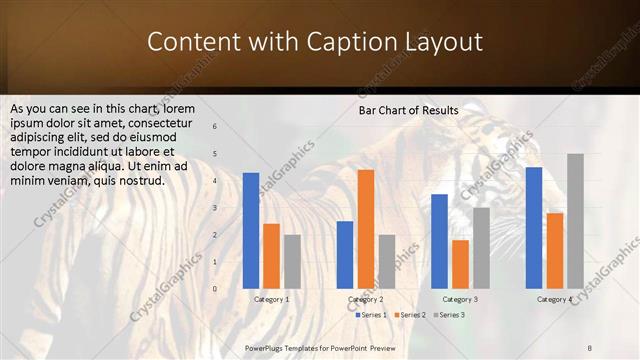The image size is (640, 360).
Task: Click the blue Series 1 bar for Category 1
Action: tap(251, 231)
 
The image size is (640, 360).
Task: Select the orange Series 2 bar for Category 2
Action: tap(366, 229)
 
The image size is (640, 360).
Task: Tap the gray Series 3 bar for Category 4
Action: tap(575, 221)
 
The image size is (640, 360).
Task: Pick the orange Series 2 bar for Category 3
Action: tap(460, 264)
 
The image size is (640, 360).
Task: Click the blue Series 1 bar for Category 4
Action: tap(534, 228)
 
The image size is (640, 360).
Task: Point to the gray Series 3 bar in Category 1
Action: tap(292, 262)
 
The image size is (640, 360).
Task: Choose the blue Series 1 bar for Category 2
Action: tap(345, 255)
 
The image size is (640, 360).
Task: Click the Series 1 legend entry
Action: tap(371, 315)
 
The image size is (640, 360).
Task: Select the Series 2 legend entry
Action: tap(410, 315)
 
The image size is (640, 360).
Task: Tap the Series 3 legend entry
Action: tap(449, 315)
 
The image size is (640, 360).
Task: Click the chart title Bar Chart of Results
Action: tap(408, 110)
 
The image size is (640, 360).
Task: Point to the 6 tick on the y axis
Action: tap(215, 127)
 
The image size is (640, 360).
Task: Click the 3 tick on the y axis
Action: tap(215, 208)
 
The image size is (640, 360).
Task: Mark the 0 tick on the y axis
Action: tap(215, 289)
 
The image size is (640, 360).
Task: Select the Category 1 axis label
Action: tap(271, 299)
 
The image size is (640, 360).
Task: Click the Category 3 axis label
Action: tap(460, 299)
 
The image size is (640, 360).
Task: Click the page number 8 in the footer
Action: tap(590, 347)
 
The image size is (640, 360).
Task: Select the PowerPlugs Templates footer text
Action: tap(320, 347)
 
